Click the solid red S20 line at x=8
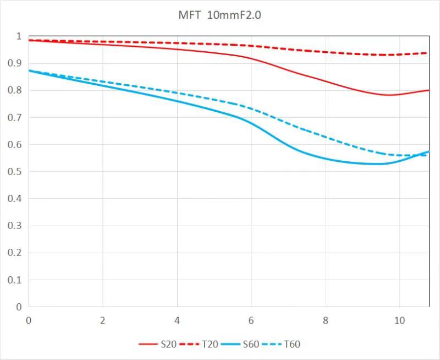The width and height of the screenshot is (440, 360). click(326, 81)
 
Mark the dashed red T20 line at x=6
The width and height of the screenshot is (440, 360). click(251, 46)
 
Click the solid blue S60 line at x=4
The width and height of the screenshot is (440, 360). click(177, 101)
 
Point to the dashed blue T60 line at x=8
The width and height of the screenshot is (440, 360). click(326, 135)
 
